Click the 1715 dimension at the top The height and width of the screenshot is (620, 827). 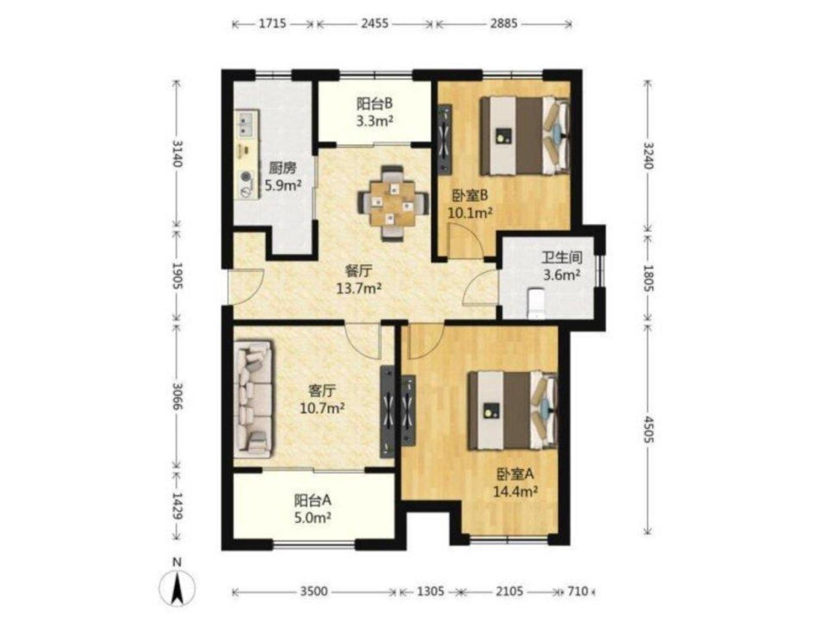pyautogui.click(x=272, y=24)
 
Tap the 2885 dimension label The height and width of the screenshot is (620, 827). pyautogui.click(x=503, y=24)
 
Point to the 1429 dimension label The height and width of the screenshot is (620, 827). pyautogui.click(x=176, y=505)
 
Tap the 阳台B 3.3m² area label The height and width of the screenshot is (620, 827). pyautogui.click(x=375, y=112)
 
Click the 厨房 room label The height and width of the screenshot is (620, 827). pyautogui.click(x=282, y=168)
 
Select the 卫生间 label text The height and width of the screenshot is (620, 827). pyautogui.click(x=562, y=257)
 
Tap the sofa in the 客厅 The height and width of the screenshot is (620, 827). pyautogui.click(x=253, y=399)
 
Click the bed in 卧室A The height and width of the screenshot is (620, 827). pyautogui.click(x=512, y=411)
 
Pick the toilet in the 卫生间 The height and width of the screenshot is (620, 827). pyautogui.click(x=536, y=304)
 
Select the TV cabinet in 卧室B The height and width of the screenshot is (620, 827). pyautogui.click(x=445, y=139)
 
